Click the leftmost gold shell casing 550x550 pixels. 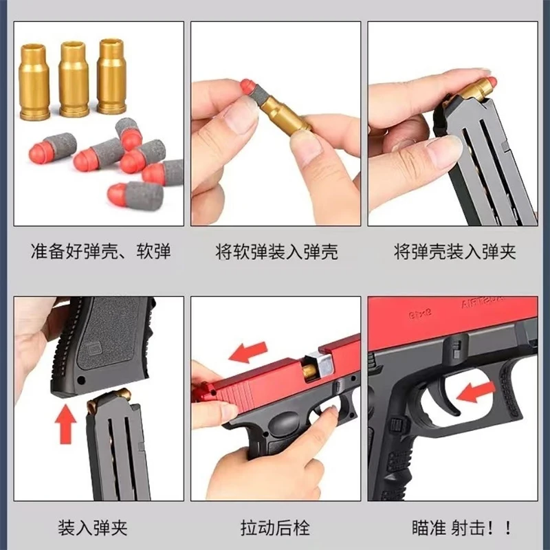pos(34,82)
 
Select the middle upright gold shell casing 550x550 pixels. pos(74,79)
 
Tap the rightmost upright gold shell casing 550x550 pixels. pos(111,76)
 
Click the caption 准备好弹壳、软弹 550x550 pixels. pos(100,251)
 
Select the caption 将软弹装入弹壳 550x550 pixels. pos(276,252)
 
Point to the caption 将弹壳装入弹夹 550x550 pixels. pos(454,252)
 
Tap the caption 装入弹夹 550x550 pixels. pos(93,528)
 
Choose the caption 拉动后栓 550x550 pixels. pos(276,528)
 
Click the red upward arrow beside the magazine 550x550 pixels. pos(65,423)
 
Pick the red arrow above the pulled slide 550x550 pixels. pos(248,352)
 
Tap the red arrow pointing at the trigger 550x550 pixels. pos(476,391)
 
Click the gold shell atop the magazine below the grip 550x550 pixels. pos(109,398)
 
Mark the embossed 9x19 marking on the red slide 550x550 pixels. pos(420,313)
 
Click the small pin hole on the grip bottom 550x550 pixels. pos(81,380)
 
